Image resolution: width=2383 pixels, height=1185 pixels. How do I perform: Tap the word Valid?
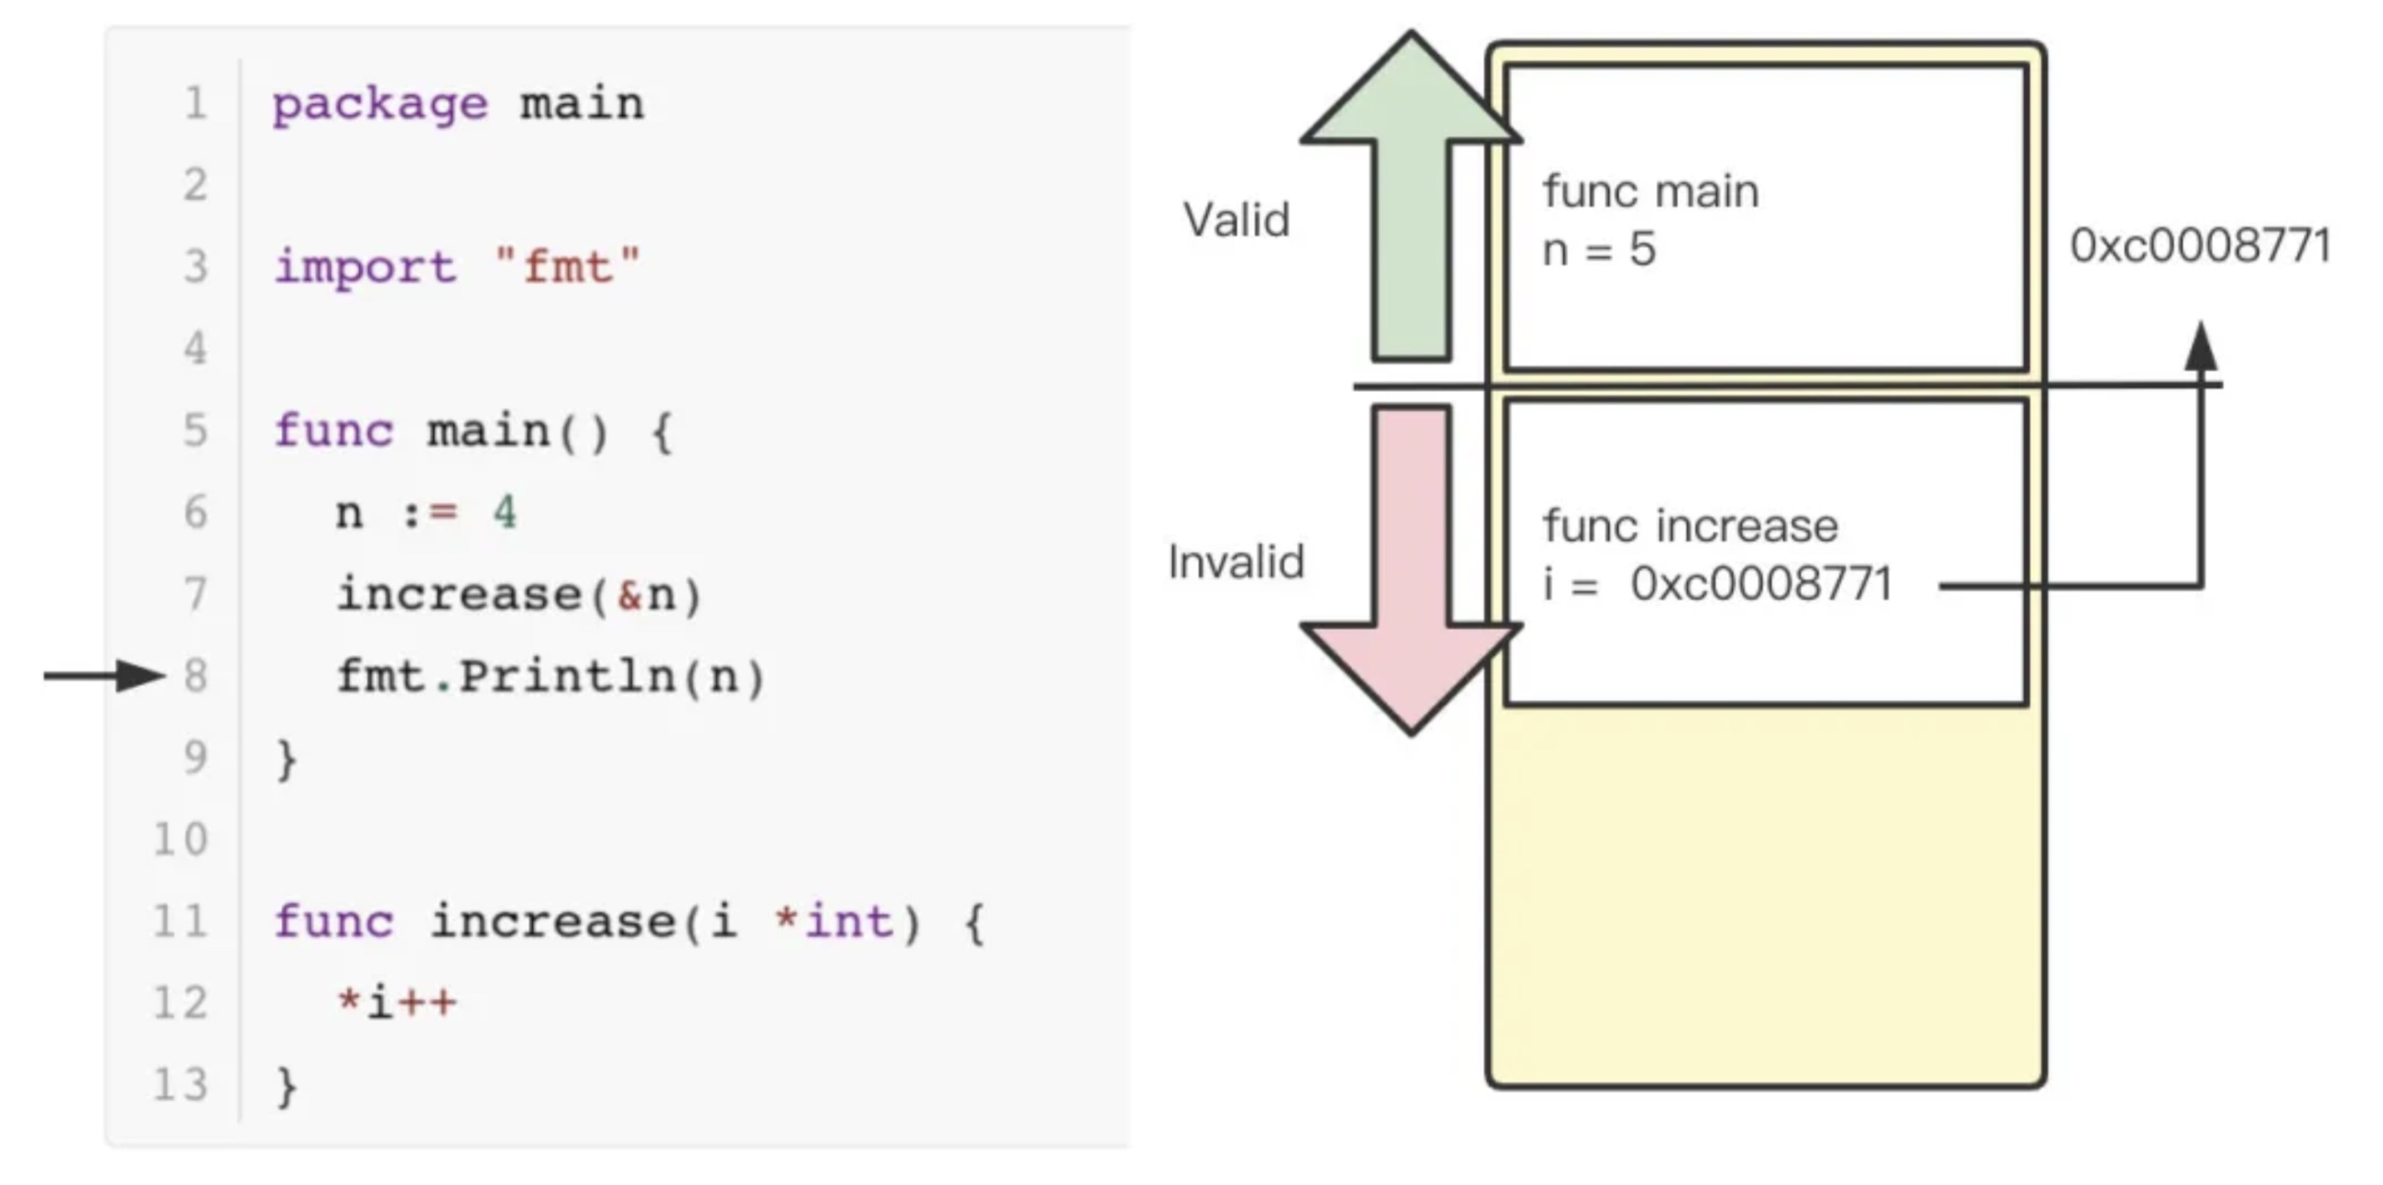tap(1235, 220)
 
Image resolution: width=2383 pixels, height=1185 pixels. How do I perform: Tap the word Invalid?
tap(1235, 561)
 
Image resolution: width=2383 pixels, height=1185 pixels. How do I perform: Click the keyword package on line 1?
tap(379, 103)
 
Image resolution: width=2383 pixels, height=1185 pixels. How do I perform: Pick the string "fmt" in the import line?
tap(567, 267)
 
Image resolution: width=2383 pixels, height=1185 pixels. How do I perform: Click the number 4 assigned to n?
tap(505, 512)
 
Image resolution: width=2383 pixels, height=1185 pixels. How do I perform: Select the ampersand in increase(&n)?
tap(629, 595)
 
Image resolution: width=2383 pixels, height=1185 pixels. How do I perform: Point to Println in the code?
tap(567, 676)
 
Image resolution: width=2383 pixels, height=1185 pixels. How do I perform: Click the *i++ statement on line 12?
tap(397, 1003)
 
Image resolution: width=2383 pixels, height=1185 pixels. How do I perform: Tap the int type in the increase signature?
tap(848, 921)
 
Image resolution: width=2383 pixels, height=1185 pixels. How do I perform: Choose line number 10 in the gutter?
tap(180, 839)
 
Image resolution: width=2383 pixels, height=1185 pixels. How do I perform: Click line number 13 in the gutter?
tap(180, 1084)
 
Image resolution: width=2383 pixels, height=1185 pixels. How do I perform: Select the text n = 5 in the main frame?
tap(1598, 250)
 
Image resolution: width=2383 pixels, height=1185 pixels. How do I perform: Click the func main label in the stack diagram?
tap(1650, 191)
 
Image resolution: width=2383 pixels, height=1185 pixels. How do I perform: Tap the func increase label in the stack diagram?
tap(1690, 526)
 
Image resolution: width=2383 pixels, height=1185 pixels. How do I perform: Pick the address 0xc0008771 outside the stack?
tap(2200, 246)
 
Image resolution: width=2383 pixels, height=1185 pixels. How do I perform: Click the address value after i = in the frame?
tap(1761, 583)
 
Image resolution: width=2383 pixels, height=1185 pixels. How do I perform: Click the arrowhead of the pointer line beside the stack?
tap(2201, 347)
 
